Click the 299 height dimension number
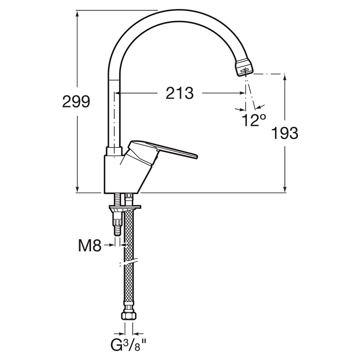[76, 102]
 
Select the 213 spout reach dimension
[180, 93]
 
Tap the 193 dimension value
[285, 133]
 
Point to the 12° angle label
[254, 120]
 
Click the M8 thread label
[90, 245]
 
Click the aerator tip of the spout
[244, 69]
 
